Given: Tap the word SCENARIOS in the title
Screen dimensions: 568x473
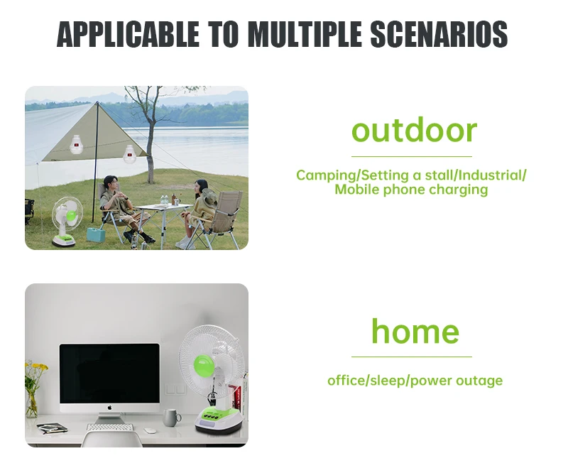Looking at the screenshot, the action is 439,34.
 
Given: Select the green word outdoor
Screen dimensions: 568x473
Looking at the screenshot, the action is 414,131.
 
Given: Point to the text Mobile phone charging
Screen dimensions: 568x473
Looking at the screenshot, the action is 411,190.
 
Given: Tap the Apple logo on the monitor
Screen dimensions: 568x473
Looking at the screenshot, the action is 110,407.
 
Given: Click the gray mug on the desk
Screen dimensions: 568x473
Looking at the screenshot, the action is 171,418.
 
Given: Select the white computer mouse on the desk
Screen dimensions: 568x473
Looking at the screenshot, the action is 150,430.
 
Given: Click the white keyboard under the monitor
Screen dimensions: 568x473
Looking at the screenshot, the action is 110,428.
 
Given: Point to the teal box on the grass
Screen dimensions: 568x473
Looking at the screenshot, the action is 95,234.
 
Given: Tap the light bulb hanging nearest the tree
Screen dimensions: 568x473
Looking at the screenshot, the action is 129,153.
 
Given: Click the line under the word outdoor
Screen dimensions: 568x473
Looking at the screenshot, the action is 412,156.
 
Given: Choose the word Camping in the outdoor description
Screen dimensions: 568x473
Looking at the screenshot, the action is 327,176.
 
